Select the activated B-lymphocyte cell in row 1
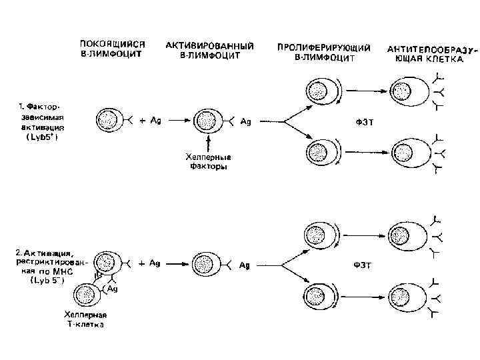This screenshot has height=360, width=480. (x=204, y=121)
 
